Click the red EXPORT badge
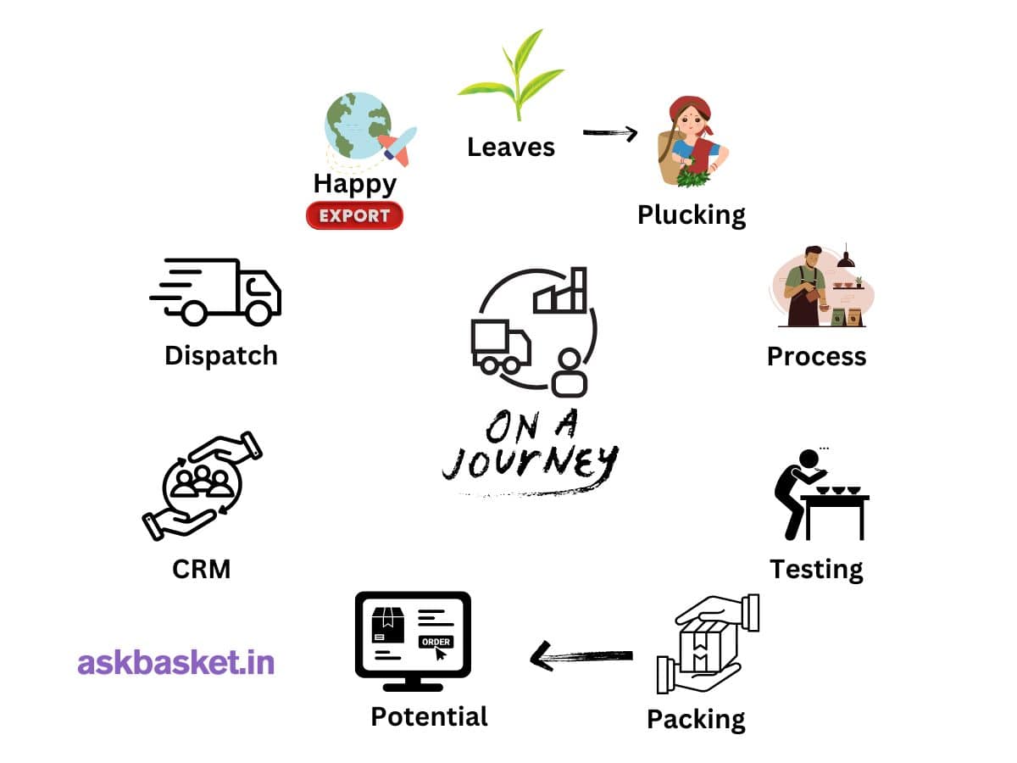pos(354,215)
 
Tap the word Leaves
pos(511,147)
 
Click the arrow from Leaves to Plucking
pos(610,132)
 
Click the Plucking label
pos(692,214)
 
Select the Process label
pos(816,356)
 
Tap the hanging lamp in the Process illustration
pos(845,259)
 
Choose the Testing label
pos(816,568)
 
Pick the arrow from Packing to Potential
pos(581,655)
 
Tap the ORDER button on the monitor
pos(436,642)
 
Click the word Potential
pos(429,716)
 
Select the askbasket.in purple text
pos(176,662)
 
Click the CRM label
pos(201,568)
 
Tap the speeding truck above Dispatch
pos(216,291)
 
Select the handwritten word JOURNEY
pos(530,462)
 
